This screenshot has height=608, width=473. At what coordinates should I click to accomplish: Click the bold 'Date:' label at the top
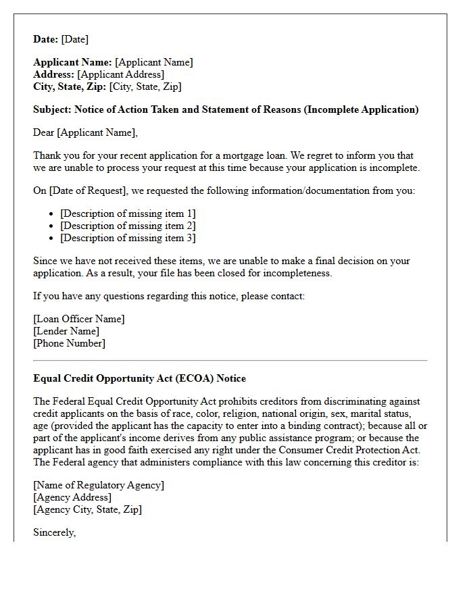[46, 39]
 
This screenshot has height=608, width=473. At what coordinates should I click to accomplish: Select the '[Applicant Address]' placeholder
[120, 74]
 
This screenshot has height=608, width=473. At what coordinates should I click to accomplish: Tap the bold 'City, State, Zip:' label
[70, 86]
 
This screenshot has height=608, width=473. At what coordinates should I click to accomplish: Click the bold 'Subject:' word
[52, 109]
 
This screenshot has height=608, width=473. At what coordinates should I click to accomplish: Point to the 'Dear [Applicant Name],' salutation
[85, 132]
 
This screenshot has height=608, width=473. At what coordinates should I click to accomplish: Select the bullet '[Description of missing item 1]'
[128, 213]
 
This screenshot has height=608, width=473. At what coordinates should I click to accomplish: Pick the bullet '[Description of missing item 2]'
[128, 226]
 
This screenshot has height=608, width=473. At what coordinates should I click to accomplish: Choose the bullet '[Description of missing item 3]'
[128, 238]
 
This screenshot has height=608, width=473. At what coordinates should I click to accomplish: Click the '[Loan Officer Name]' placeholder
[79, 319]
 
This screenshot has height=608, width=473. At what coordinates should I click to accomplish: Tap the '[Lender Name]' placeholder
[66, 331]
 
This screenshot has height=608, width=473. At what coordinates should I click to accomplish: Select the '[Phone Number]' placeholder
[69, 343]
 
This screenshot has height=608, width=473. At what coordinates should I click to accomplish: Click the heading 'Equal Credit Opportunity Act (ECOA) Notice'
[139, 378]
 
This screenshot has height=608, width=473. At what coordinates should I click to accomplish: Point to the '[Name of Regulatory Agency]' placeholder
[99, 485]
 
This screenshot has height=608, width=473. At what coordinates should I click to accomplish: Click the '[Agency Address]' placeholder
[72, 497]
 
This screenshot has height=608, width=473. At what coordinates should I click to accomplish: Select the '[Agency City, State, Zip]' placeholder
[88, 509]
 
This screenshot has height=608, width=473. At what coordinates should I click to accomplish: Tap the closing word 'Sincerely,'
[55, 532]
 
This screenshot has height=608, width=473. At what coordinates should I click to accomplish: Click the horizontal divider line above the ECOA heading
[230, 361]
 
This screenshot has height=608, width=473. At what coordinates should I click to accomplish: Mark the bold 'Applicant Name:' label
[72, 62]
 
